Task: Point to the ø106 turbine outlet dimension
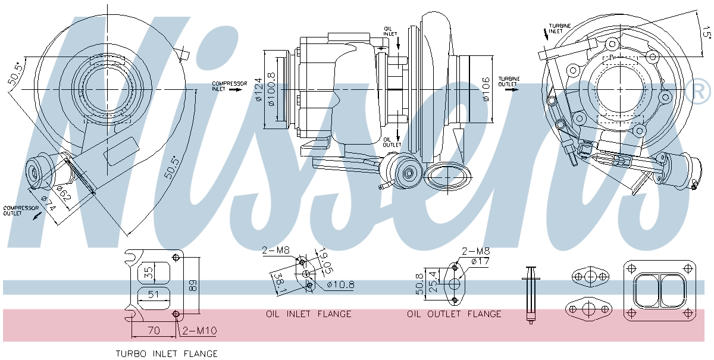point(486,89)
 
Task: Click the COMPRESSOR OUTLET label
point(21,211)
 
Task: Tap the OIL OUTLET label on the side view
point(392,143)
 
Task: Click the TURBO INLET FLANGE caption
point(167,353)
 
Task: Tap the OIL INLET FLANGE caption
point(308,314)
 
